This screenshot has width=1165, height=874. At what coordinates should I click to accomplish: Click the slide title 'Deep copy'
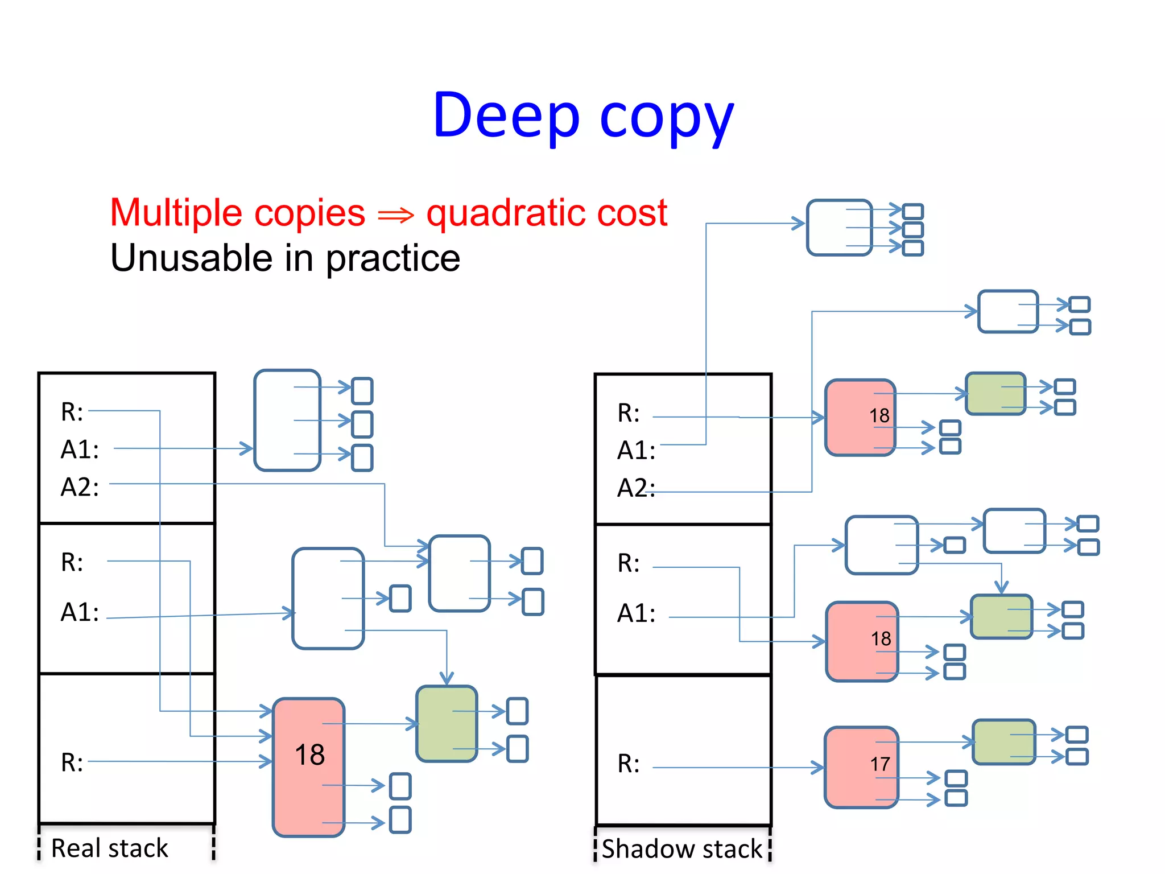582,117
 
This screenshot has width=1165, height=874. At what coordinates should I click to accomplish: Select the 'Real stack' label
109,848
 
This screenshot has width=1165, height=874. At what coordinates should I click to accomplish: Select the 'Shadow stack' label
681,848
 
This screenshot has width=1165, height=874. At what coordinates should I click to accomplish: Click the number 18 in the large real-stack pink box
309,755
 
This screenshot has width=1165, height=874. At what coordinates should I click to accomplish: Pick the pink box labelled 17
861,766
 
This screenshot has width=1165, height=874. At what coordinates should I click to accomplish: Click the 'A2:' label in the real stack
80,487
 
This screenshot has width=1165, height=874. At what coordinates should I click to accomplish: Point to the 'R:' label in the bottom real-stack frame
72,762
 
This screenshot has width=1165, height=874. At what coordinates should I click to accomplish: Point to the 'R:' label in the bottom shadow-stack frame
628,764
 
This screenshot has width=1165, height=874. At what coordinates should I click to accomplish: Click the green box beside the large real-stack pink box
447,723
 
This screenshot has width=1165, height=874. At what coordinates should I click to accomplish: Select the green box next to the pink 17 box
1003,741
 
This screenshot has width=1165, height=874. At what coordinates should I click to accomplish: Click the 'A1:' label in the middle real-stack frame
80,612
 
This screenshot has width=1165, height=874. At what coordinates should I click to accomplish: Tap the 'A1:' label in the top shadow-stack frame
636,450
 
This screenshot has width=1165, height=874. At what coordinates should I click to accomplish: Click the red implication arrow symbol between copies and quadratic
396,215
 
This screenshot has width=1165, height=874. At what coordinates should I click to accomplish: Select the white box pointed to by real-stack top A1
287,420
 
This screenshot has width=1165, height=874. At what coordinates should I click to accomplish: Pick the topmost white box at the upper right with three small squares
839,227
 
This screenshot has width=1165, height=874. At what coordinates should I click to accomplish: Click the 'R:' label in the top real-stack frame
72,411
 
